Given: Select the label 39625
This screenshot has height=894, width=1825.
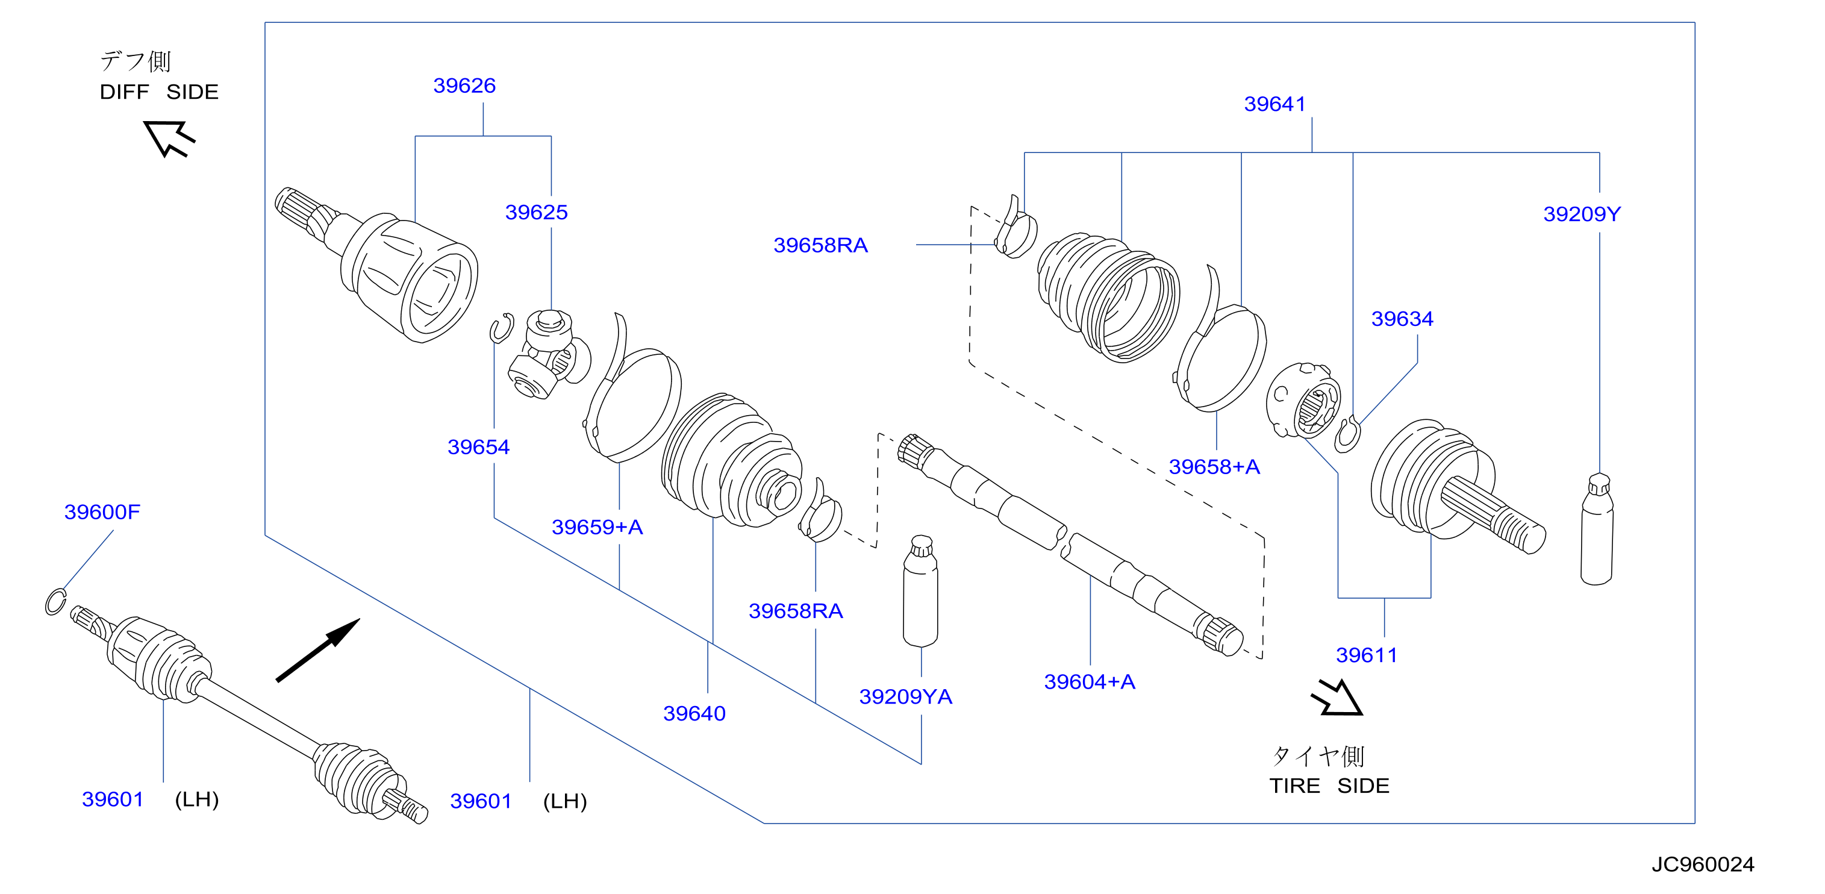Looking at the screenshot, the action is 536,213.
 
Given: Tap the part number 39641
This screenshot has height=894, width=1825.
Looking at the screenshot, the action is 1274,104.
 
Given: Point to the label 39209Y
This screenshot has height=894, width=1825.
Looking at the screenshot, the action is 1582,214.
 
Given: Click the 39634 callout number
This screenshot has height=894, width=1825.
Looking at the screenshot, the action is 1402,319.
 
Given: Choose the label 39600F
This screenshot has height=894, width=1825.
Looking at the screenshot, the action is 102,512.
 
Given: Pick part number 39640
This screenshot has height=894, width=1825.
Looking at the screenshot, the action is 694,713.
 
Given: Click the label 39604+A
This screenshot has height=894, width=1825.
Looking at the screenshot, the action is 1090,681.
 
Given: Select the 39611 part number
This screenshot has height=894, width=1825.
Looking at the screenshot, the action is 1367,655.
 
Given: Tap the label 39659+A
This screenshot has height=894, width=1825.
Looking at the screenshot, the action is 597,527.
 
